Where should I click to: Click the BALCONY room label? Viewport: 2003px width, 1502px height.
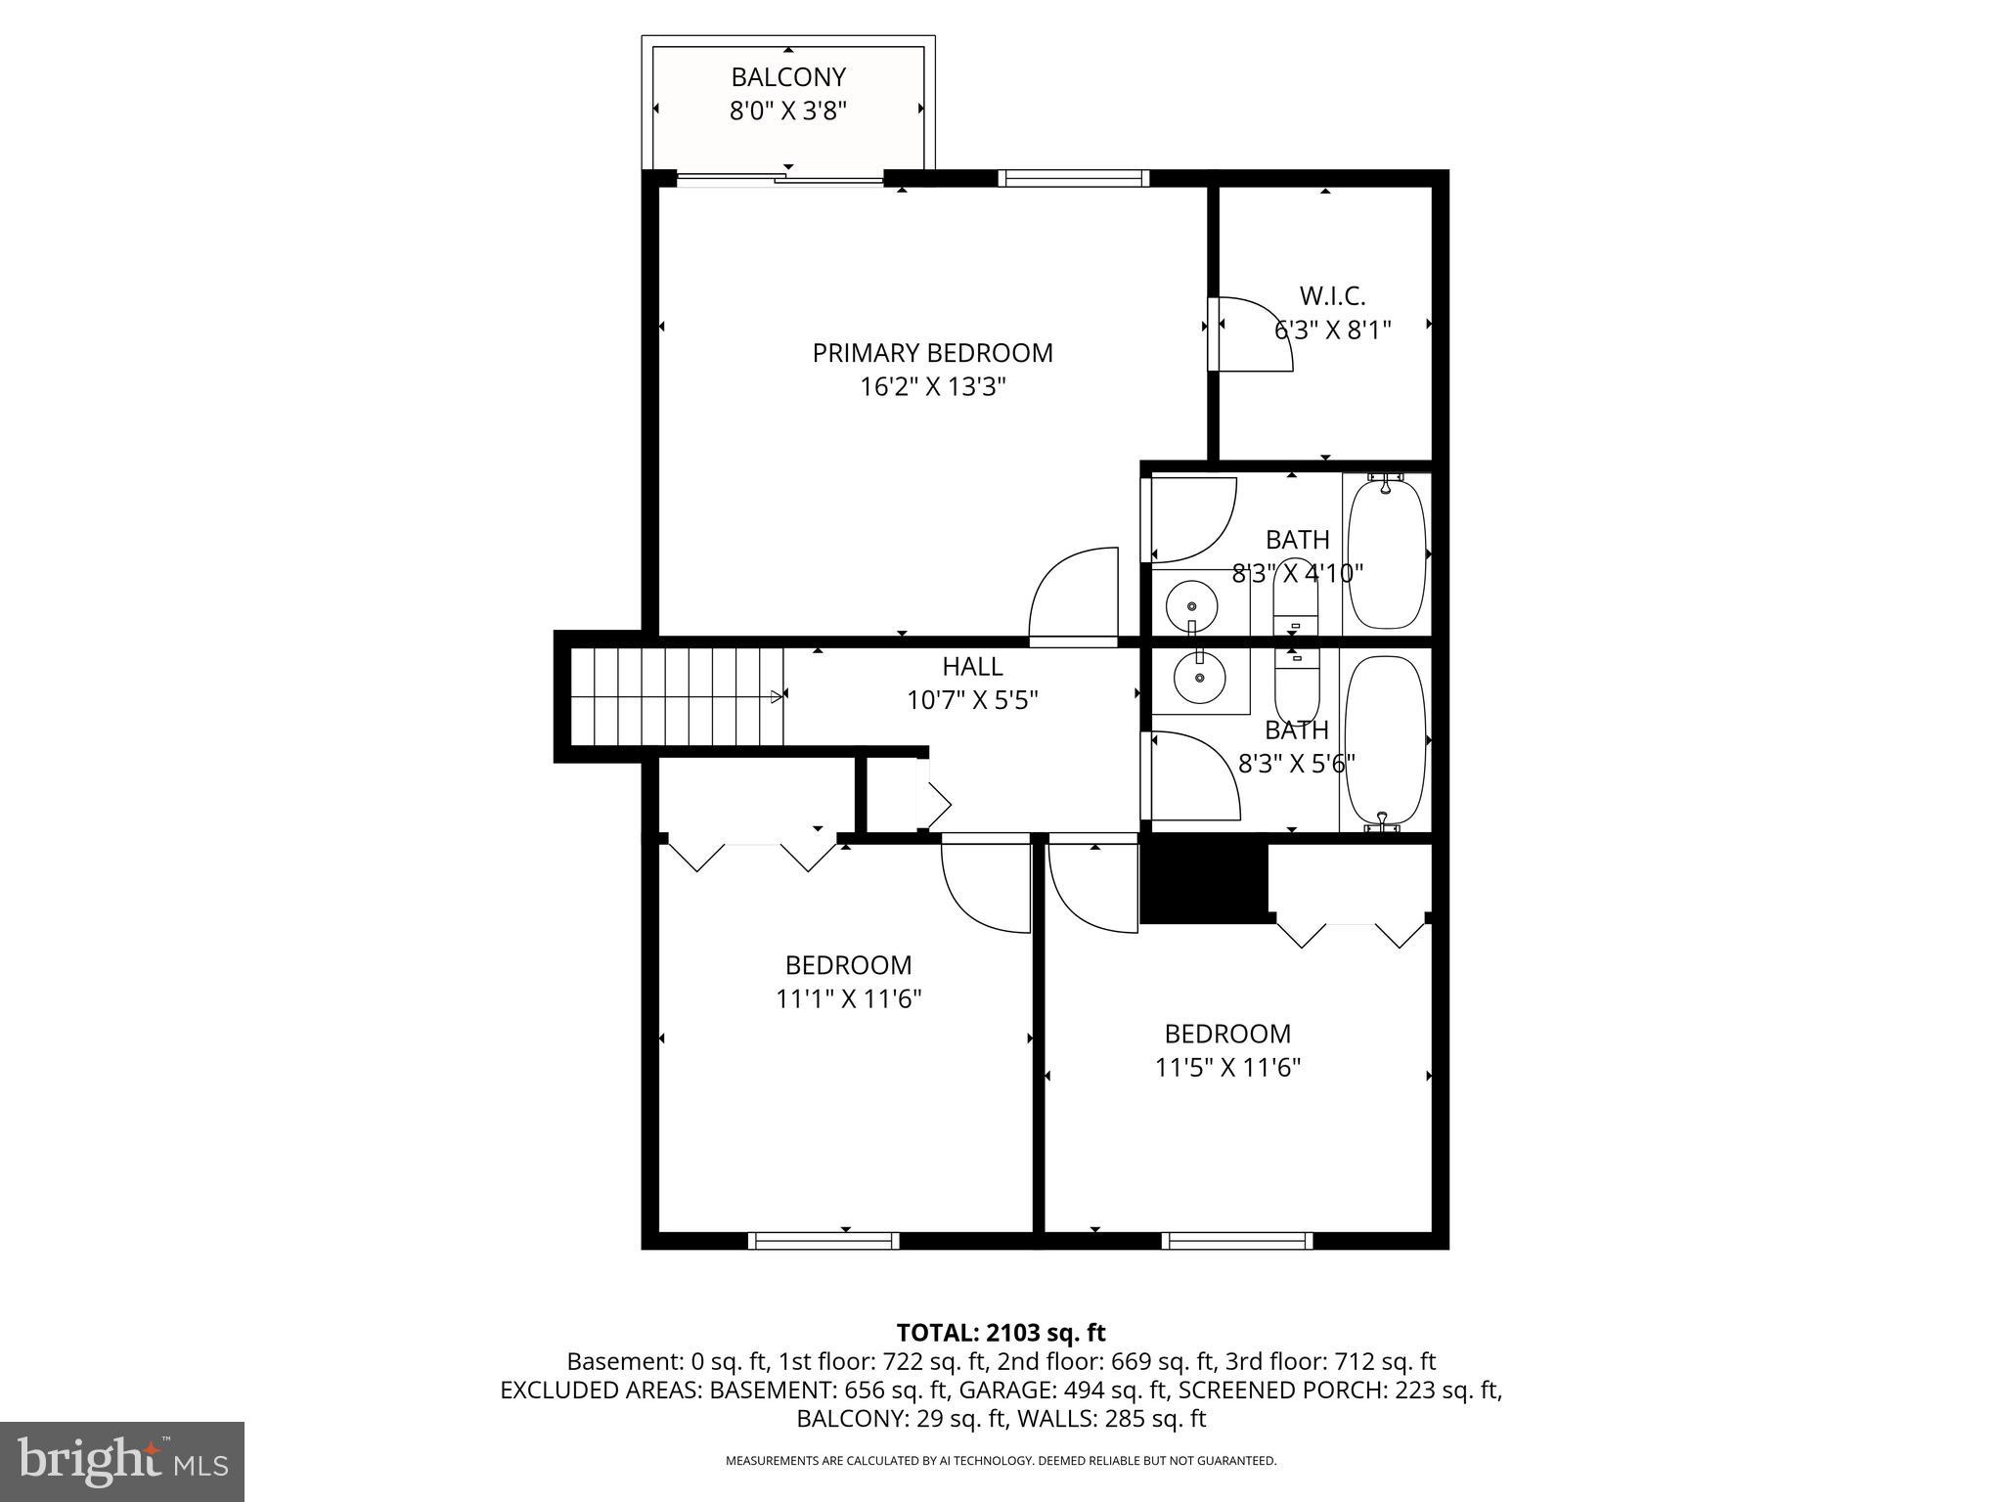coord(787,77)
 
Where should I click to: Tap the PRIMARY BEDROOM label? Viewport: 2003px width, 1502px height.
coord(932,353)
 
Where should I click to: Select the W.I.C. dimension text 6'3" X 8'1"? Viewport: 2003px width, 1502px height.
coord(1331,330)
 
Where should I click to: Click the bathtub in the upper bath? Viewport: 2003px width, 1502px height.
coord(1387,552)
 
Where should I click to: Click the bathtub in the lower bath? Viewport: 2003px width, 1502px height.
coord(1386,740)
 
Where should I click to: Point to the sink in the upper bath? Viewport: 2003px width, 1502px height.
coord(1192,606)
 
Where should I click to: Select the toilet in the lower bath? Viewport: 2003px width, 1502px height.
coord(1297,685)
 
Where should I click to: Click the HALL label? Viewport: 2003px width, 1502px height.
coord(971,667)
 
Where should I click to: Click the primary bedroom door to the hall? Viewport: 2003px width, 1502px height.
coord(1073,596)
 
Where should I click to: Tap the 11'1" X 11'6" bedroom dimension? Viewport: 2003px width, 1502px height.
coord(848,999)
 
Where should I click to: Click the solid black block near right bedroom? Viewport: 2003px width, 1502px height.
coord(1204,883)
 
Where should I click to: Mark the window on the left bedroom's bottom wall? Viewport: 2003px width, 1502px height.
coord(823,1240)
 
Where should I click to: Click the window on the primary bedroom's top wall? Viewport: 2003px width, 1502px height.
coord(1073,178)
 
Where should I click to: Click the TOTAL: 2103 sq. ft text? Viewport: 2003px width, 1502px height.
coord(1001,1333)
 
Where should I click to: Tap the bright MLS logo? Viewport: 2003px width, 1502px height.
coord(122,1461)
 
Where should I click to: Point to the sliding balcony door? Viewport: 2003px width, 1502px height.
coord(780,179)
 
